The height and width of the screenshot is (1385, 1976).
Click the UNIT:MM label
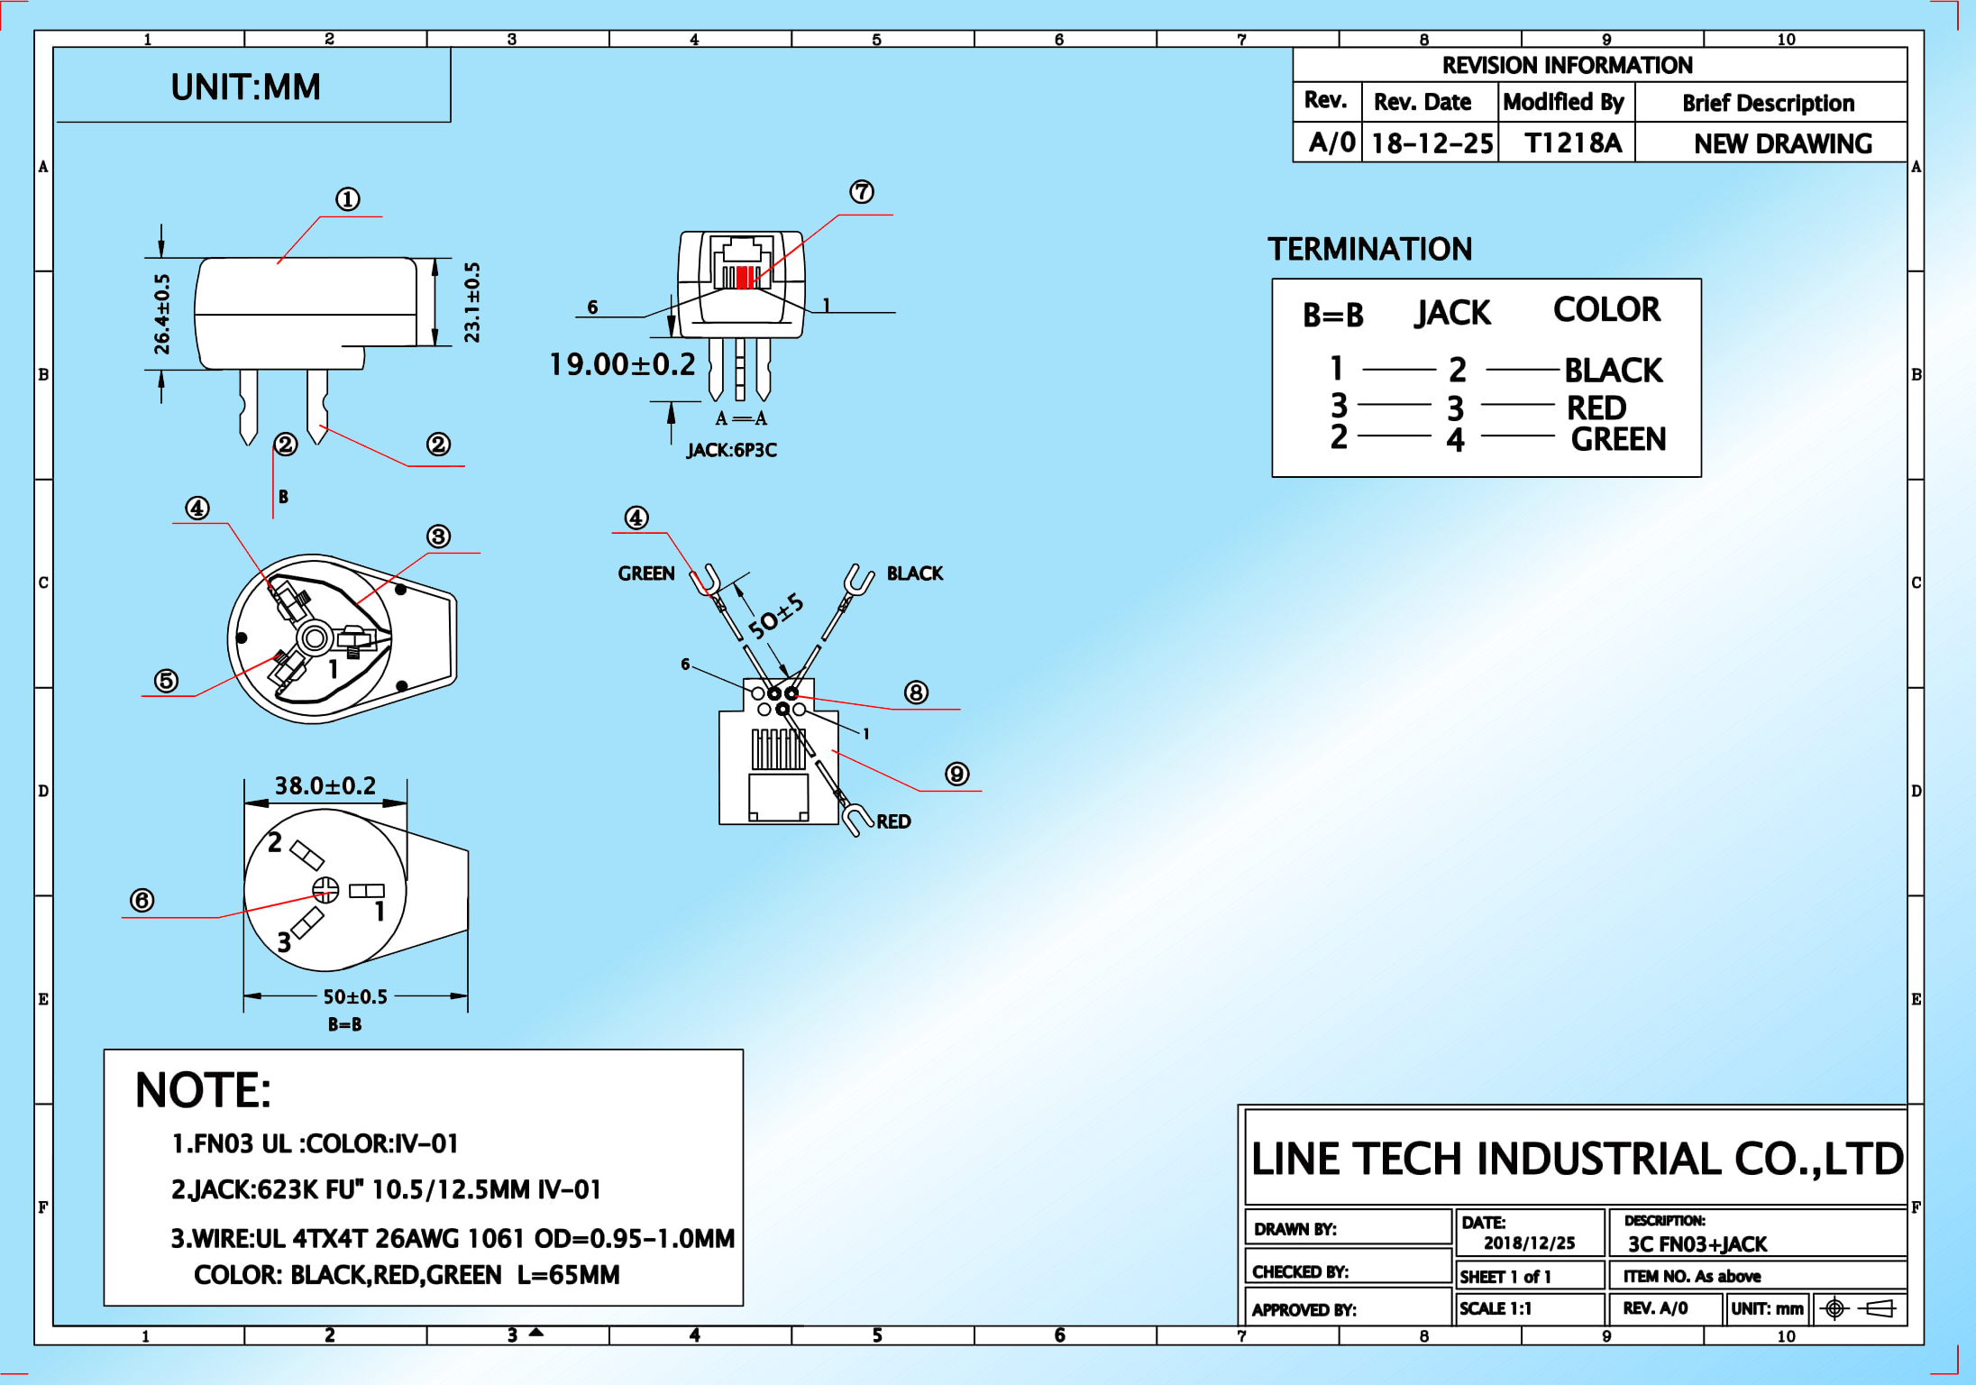(x=245, y=87)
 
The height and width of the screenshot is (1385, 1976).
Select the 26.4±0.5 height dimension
(x=161, y=314)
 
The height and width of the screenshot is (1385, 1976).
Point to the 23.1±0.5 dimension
(x=472, y=302)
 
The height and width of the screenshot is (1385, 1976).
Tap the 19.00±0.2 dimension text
(x=623, y=364)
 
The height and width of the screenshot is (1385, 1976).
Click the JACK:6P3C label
(x=731, y=450)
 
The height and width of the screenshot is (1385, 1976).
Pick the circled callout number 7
(x=862, y=191)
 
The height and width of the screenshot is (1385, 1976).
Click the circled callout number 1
(x=348, y=198)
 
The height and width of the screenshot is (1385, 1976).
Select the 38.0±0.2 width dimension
(x=325, y=785)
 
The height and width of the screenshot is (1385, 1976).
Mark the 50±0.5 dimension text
(x=355, y=996)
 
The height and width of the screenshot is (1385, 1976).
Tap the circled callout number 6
(x=142, y=900)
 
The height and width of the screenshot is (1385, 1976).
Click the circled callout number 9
(x=957, y=774)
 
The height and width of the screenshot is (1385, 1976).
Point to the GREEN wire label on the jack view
(x=646, y=573)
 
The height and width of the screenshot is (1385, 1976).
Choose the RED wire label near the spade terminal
(x=893, y=821)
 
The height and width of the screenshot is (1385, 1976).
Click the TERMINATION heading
(x=1369, y=249)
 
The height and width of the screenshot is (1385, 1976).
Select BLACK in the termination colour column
(x=1613, y=370)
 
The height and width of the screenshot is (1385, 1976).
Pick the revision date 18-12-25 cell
(x=1432, y=143)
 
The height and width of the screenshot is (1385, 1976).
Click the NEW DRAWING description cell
(x=1782, y=143)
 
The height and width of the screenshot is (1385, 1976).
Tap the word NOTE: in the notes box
(x=203, y=1090)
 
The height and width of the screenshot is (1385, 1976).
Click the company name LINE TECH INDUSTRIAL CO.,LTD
(x=1577, y=1159)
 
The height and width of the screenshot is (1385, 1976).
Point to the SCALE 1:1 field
(x=1496, y=1308)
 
